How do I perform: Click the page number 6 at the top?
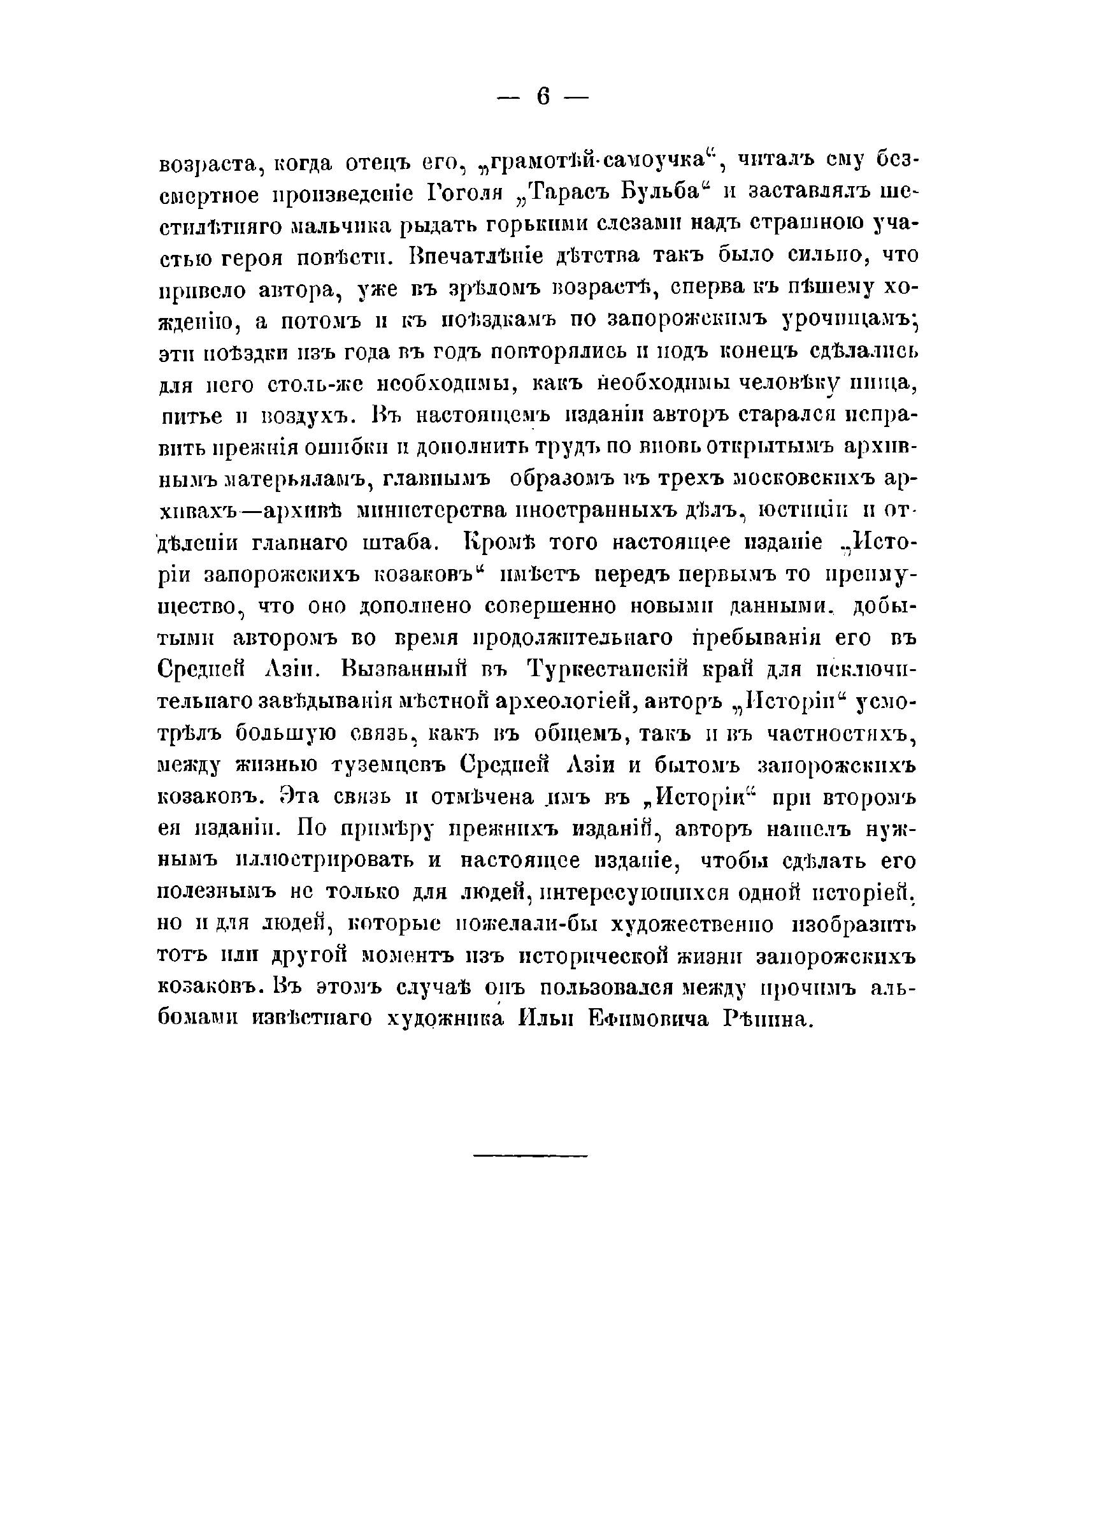click(x=543, y=98)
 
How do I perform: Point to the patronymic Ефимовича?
click(x=647, y=1020)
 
